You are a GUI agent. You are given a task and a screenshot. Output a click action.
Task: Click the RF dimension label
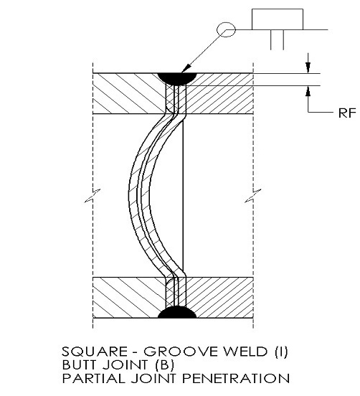[x=347, y=113]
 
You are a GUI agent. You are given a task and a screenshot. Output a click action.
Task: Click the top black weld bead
[x=177, y=78]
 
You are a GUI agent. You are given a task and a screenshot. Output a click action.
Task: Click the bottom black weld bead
[x=177, y=312]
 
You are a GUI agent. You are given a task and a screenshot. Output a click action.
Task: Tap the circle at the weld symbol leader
[x=226, y=29]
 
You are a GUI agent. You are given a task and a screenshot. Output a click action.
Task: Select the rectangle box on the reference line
[x=278, y=19]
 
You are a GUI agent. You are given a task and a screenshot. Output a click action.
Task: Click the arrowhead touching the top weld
[x=186, y=69]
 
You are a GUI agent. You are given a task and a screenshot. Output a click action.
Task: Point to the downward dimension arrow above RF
[x=308, y=67]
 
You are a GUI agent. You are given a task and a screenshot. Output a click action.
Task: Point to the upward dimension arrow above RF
[x=308, y=92]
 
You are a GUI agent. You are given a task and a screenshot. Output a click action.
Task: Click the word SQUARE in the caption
[x=95, y=352]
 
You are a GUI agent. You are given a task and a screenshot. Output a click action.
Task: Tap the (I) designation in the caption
[x=280, y=352]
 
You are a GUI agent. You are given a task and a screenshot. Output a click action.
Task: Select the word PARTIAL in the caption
[x=93, y=378]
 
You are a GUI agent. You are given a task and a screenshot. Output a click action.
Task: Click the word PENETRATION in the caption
[x=235, y=378]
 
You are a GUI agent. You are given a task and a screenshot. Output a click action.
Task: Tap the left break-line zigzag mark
[x=93, y=196]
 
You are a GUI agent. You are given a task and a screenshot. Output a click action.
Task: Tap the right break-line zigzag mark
[x=253, y=196]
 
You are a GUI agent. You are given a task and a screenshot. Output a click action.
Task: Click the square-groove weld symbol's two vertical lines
[x=277, y=39]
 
